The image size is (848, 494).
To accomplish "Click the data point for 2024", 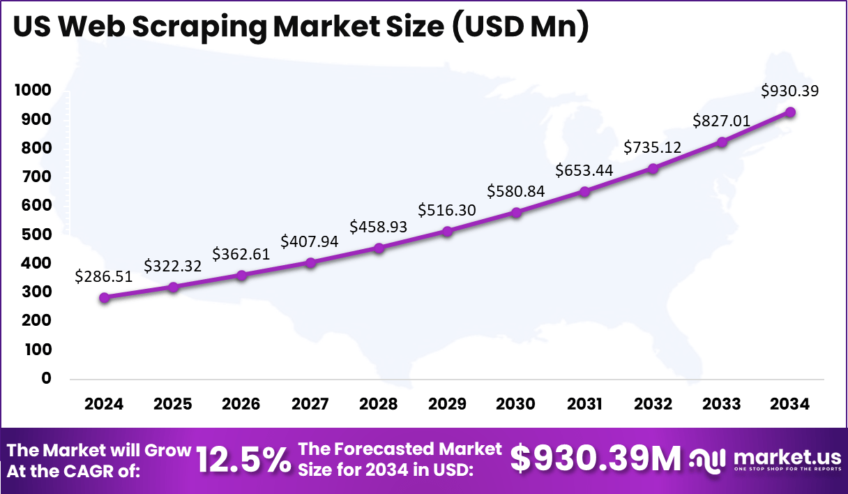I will [105, 298].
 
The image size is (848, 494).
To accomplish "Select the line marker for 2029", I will [447, 231].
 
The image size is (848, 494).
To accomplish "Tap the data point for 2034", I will [790, 112].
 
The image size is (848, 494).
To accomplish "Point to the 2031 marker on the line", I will [584, 191].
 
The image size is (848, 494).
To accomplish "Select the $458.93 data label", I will [379, 227].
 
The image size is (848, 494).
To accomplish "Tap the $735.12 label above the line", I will [653, 147].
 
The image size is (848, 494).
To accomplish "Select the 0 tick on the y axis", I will [47, 378].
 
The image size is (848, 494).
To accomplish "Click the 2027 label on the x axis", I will [310, 405].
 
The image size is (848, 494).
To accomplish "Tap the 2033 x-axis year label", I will [722, 405].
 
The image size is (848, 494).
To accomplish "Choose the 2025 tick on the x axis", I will [173, 405].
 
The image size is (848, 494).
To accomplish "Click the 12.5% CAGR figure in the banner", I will [243, 461].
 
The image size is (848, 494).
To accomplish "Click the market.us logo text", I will [787, 458].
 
